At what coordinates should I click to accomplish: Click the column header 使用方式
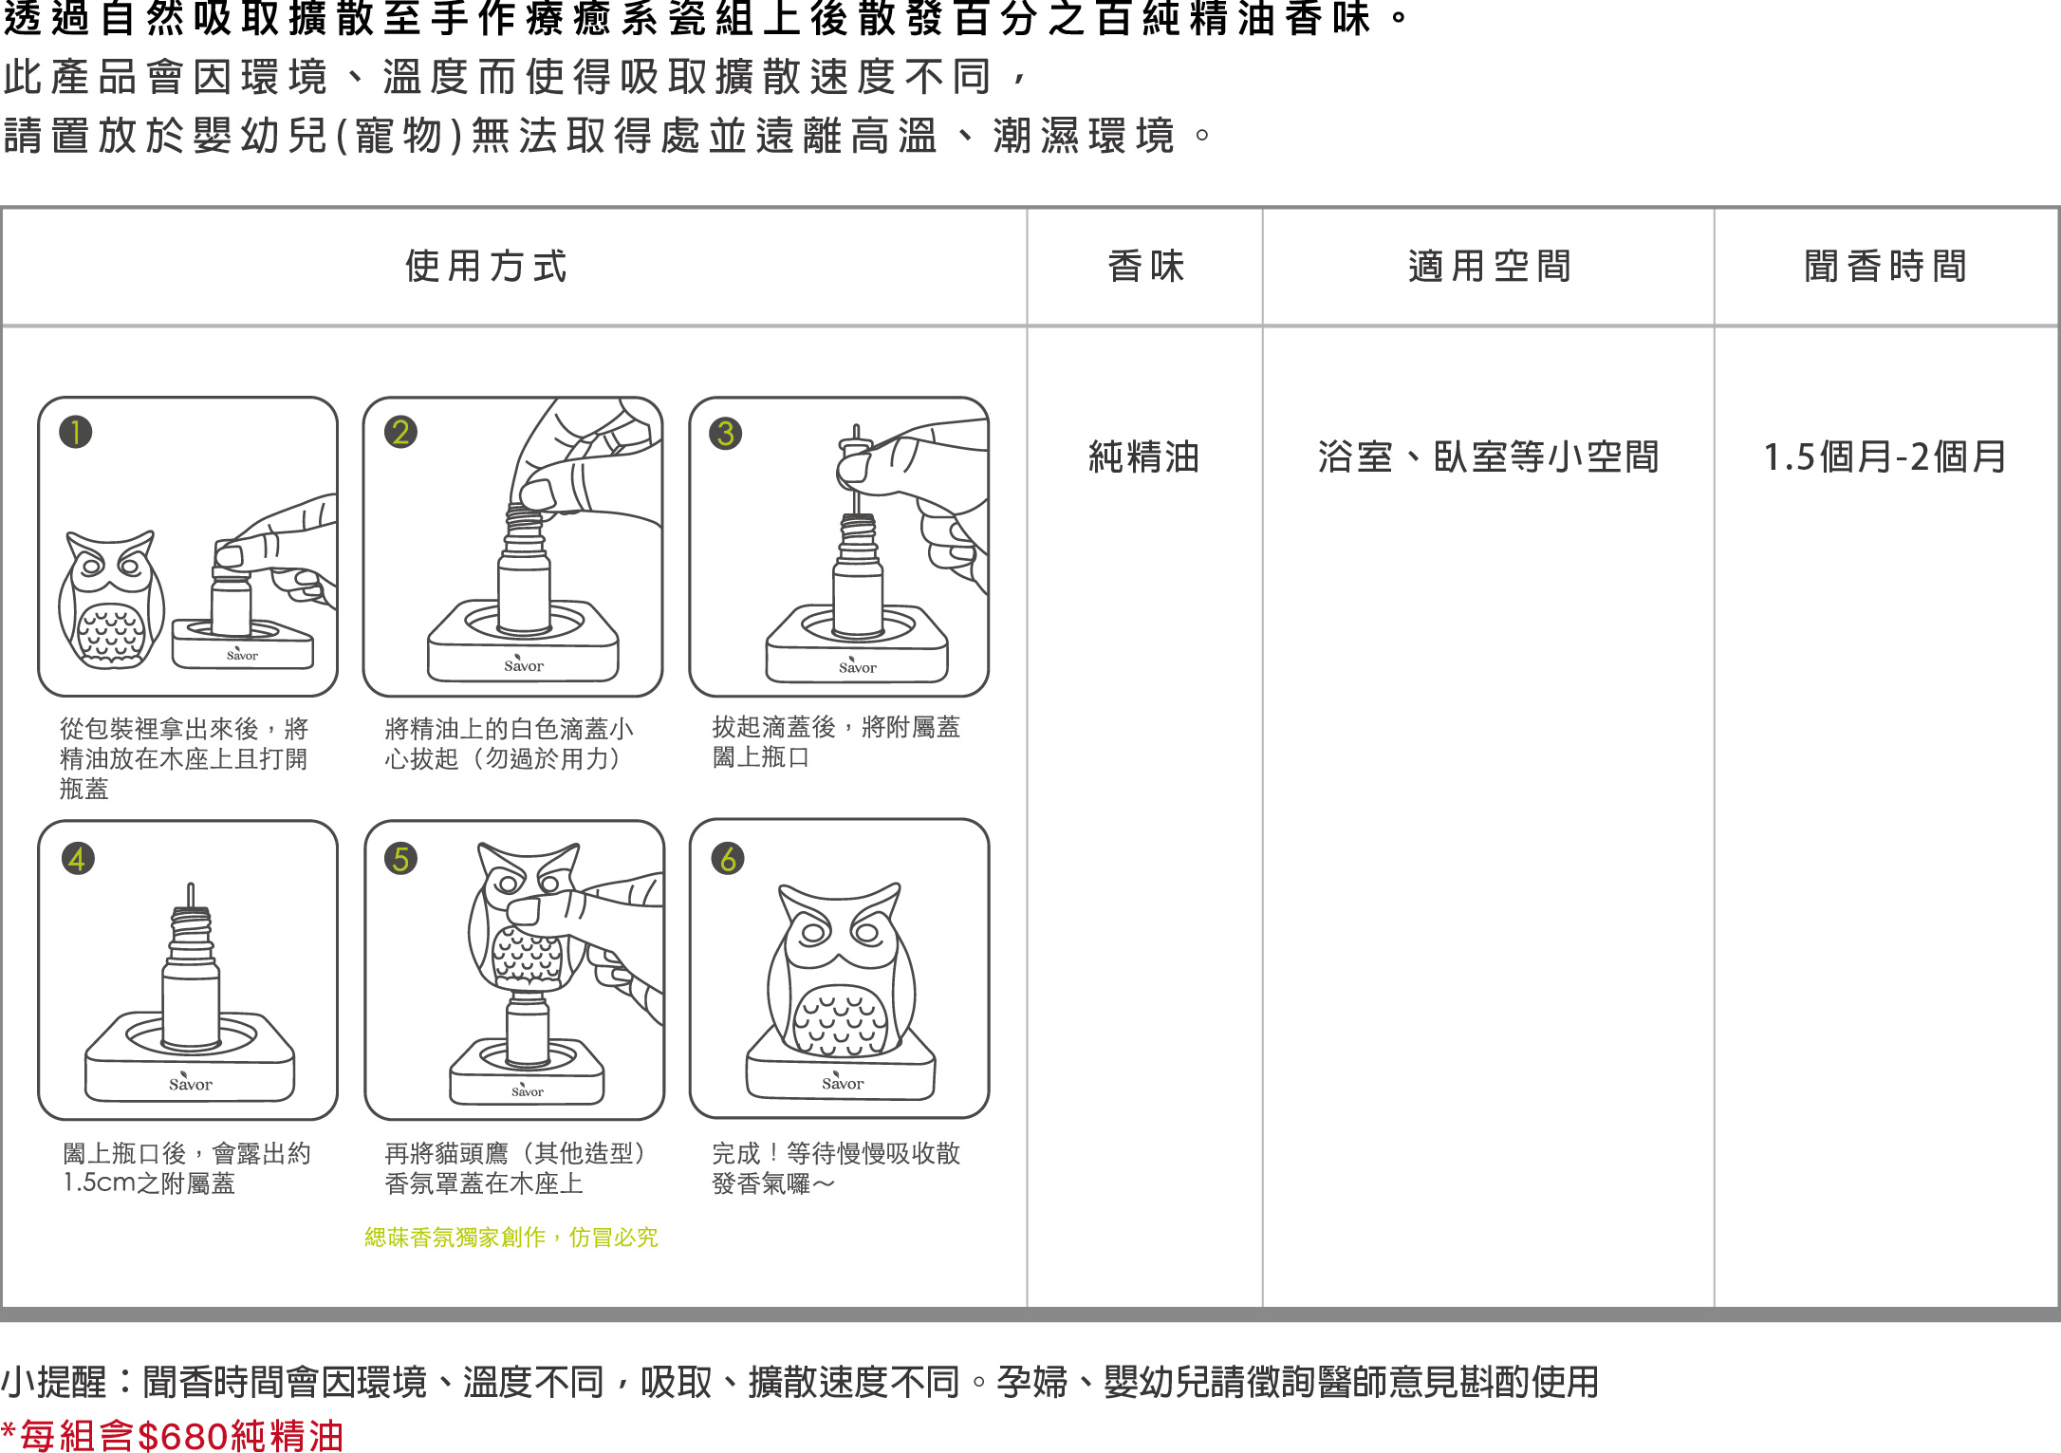click(486, 267)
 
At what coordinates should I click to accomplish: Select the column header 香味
click(1146, 267)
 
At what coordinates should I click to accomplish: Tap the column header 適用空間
click(1490, 267)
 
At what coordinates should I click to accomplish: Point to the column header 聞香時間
click(1886, 267)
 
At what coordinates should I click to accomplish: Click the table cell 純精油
click(1144, 457)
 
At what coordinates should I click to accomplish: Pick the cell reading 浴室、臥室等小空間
click(1488, 457)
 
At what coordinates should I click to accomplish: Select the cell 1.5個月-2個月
click(1885, 457)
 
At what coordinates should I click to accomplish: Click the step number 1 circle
click(76, 432)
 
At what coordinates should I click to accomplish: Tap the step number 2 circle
click(400, 432)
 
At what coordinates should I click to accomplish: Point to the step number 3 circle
click(726, 433)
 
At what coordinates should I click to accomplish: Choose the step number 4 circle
click(78, 859)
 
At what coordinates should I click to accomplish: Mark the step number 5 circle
click(400, 859)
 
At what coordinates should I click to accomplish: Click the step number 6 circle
click(728, 859)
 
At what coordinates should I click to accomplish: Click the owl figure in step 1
click(111, 600)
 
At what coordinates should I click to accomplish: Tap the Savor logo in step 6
click(843, 1082)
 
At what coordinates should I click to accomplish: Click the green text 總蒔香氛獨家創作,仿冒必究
click(511, 1238)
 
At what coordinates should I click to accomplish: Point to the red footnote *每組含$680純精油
click(172, 1435)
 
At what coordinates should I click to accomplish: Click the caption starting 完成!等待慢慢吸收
click(836, 1168)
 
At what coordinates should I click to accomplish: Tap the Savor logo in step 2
click(524, 664)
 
